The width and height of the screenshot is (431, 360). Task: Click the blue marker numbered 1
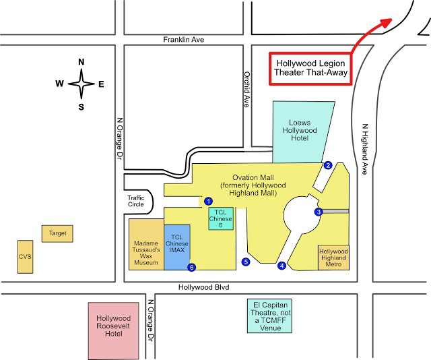[x=209, y=201]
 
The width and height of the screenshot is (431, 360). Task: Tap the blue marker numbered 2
[x=328, y=165]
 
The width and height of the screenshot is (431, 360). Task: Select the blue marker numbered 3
[x=319, y=212]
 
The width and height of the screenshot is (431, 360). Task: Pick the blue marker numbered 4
[x=282, y=266]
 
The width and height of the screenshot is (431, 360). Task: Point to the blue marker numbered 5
[x=246, y=262]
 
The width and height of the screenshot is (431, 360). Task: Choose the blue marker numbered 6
[x=192, y=267]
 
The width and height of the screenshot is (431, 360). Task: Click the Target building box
[x=57, y=233]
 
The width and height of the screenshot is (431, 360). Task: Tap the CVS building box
[x=25, y=256]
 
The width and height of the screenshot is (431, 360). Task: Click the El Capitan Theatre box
[x=269, y=316]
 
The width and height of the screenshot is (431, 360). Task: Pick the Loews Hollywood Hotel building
[x=300, y=131]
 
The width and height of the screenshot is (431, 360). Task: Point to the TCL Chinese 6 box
[x=220, y=218]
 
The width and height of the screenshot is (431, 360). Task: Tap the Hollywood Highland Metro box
[x=333, y=258]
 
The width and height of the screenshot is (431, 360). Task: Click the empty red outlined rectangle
[x=310, y=68]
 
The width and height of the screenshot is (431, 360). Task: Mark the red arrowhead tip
[x=391, y=20]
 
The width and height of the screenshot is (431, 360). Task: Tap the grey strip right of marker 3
[x=336, y=212]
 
